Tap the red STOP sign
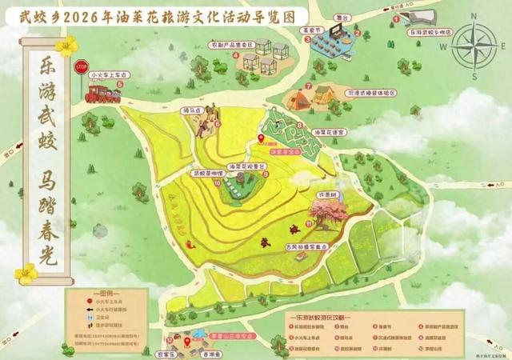(x=80, y=68)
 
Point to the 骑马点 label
(x=191, y=112)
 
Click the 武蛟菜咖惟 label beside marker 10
(x=206, y=173)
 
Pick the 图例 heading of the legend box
(x=106, y=294)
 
